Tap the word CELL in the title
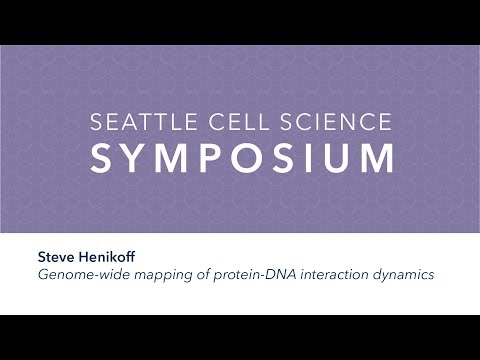click(x=231, y=123)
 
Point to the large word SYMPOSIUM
click(x=240, y=159)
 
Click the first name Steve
click(x=57, y=256)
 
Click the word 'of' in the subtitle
click(x=200, y=274)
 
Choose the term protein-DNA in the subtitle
click(x=250, y=274)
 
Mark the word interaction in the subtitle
click(x=331, y=274)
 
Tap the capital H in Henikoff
click(x=85, y=256)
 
